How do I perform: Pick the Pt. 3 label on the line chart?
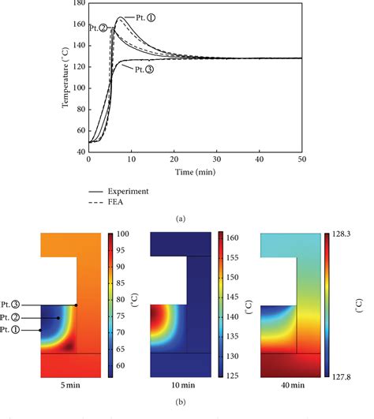coord(159,69)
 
